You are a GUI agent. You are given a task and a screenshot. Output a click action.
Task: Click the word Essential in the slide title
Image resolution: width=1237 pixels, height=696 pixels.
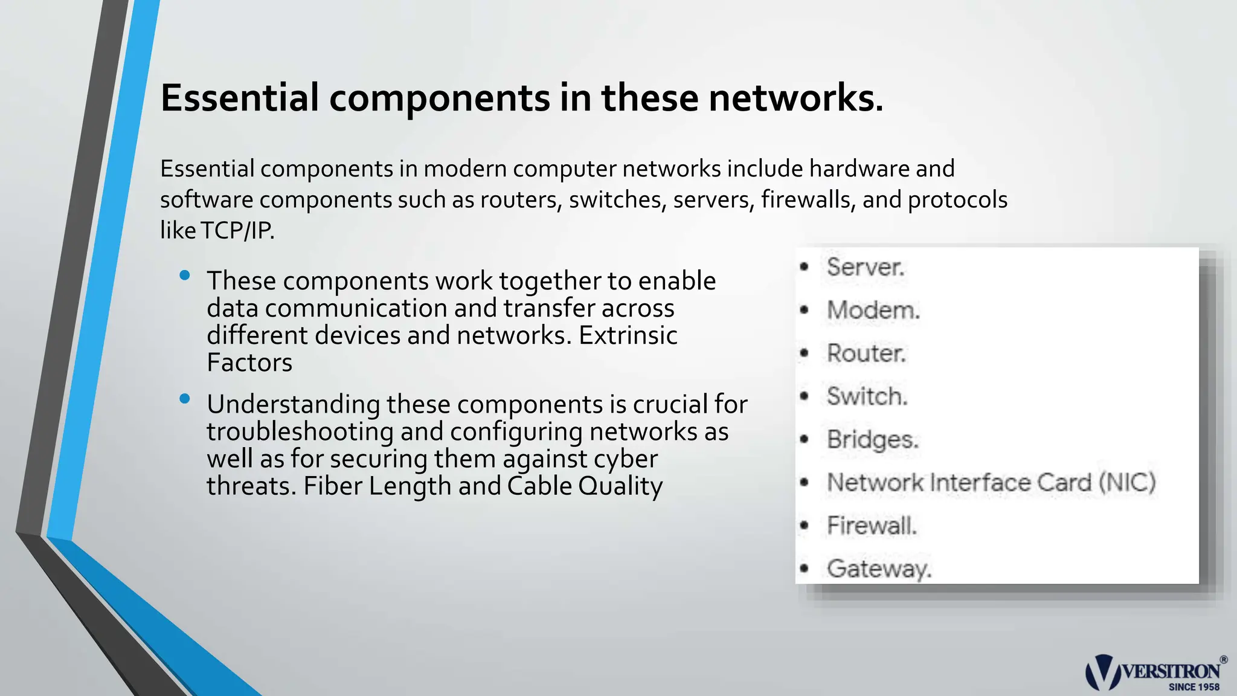click(x=239, y=98)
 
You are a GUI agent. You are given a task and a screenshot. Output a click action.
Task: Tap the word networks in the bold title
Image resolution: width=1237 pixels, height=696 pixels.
click(x=795, y=98)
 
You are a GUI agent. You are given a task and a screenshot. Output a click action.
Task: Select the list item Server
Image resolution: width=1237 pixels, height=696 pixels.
click(x=865, y=267)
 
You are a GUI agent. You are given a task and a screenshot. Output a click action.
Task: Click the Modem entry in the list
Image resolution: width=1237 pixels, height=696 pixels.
click(x=873, y=311)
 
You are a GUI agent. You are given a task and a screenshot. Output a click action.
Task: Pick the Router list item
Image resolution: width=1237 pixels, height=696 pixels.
click(x=866, y=353)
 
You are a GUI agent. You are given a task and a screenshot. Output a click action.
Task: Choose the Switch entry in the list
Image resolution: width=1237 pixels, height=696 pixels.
click(x=867, y=397)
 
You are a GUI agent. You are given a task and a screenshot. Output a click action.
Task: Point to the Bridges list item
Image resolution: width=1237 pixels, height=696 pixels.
click(x=872, y=440)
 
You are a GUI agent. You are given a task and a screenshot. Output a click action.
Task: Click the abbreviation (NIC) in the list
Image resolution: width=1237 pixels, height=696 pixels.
click(x=1126, y=483)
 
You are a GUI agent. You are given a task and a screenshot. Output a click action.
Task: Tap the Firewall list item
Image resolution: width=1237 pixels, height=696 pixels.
click(x=872, y=526)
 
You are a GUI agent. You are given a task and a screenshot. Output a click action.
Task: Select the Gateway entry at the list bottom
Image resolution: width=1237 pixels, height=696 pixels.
click(x=879, y=569)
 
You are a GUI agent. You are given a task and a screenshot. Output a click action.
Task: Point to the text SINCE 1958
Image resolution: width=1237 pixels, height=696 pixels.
click(x=1194, y=687)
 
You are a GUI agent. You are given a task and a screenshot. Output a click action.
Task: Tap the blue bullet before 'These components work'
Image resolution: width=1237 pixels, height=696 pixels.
click(x=185, y=276)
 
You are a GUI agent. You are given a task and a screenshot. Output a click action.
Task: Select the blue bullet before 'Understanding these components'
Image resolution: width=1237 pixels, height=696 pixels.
click(x=185, y=399)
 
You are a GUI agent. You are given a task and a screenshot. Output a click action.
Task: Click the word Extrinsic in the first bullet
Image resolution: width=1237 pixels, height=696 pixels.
click(x=628, y=335)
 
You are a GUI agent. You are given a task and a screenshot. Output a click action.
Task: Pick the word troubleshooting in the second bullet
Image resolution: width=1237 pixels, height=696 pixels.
click(x=300, y=432)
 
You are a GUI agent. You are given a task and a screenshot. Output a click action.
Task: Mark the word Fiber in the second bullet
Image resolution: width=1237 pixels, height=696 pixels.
click(x=333, y=486)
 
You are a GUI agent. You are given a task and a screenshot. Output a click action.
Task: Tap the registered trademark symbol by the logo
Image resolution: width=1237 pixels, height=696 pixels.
click(x=1224, y=660)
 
